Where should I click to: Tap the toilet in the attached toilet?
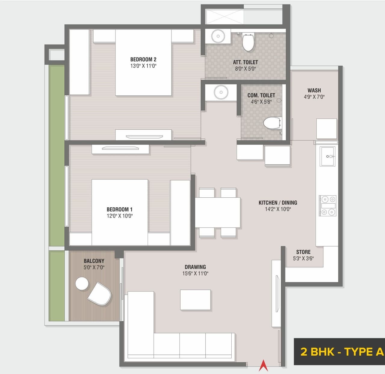[x=248, y=42]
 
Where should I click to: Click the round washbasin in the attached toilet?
[x=218, y=36]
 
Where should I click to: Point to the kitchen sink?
[x=328, y=156]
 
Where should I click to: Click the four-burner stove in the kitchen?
[x=328, y=206]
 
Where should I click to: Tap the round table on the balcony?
[x=82, y=283]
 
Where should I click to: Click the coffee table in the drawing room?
[x=195, y=300]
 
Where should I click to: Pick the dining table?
[x=217, y=212]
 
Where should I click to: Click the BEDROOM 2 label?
[x=143, y=60]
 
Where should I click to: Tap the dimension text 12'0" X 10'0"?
[x=119, y=216]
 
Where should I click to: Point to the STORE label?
[x=303, y=252]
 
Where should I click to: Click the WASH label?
[x=314, y=90]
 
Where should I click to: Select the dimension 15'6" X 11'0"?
[x=195, y=274]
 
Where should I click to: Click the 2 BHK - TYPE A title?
[x=342, y=352]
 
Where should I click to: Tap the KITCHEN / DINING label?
[x=278, y=203]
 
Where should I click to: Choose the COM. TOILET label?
[x=261, y=95]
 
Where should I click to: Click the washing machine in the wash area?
[x=326, y=128]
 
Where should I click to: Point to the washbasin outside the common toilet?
[x=221, y=92]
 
